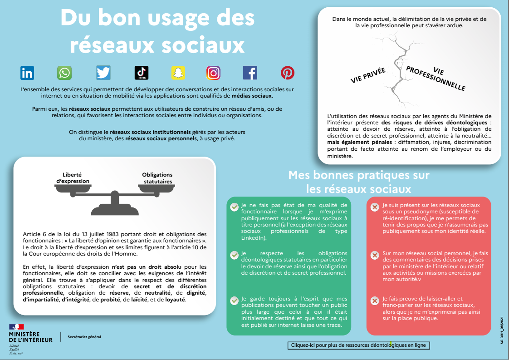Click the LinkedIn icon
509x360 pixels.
(27, 73)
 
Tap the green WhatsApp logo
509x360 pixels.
(64, 73)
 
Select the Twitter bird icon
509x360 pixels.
(103, 73)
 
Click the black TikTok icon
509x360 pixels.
(141, 73)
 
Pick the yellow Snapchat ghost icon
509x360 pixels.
(178, 73)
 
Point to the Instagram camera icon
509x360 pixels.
(213, 73)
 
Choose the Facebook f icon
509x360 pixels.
(250, 73)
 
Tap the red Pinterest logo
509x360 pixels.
(287, 73)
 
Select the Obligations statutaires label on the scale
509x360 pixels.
(157, 178)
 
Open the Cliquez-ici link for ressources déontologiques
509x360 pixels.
(358, 345)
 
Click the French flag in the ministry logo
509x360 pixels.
(16, 327)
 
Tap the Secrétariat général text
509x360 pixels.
(84, 337)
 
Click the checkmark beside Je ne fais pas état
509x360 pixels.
(234, 207)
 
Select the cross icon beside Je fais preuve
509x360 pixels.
(375, 301)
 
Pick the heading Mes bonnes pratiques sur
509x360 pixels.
(358, 175)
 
